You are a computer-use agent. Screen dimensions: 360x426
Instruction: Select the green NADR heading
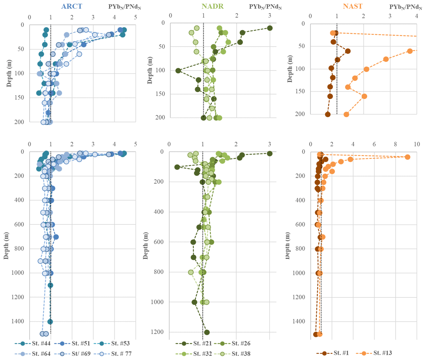(212, 6)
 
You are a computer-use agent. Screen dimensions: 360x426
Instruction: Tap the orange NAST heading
(353, 6)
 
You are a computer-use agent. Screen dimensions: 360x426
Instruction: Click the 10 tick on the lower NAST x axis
(416, 144)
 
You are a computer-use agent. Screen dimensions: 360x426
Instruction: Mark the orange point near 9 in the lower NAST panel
(408, 157)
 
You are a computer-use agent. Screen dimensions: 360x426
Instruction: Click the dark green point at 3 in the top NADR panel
(270, 28)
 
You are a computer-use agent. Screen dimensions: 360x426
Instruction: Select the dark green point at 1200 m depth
(207, 332)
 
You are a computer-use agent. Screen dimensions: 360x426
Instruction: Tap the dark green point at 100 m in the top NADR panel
(178, 71)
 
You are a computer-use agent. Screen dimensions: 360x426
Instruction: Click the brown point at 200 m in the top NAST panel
(328, 114)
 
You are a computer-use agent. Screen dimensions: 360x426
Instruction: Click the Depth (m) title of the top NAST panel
(290, 69)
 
